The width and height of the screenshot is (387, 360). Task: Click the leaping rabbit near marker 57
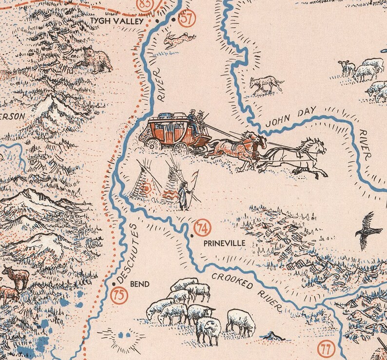click(x=178, y=39)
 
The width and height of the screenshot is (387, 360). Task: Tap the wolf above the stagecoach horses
click(x=266, y=85)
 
